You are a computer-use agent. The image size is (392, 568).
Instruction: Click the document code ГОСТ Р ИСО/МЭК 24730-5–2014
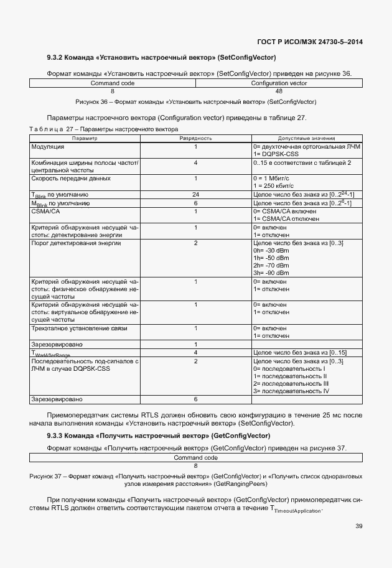pyautogui.click(x=310, y=42)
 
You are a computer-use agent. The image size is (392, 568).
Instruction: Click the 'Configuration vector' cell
pyautogui.click(x=279, y=83)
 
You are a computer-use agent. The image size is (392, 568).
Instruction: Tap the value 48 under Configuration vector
pyautogui.click(x=279, y=91)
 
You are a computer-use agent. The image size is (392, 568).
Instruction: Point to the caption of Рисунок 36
pyautogui.click(x=195, y=101)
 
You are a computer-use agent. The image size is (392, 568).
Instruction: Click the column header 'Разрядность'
pyautogui.click(x=195, y=138)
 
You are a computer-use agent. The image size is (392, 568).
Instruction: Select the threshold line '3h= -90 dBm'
pyautogui.click(x=271, y=272)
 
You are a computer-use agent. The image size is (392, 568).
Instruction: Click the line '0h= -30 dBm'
pyautogui.click(x=271, y=250)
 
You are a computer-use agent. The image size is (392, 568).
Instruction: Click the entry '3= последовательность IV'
pyautogui.click(x=291, y=391)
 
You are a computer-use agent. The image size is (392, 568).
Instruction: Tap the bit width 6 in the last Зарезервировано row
pyautogui.click(x=195, y=399)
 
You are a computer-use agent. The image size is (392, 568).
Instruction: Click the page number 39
pyautogui.click(x=359, y=526)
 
